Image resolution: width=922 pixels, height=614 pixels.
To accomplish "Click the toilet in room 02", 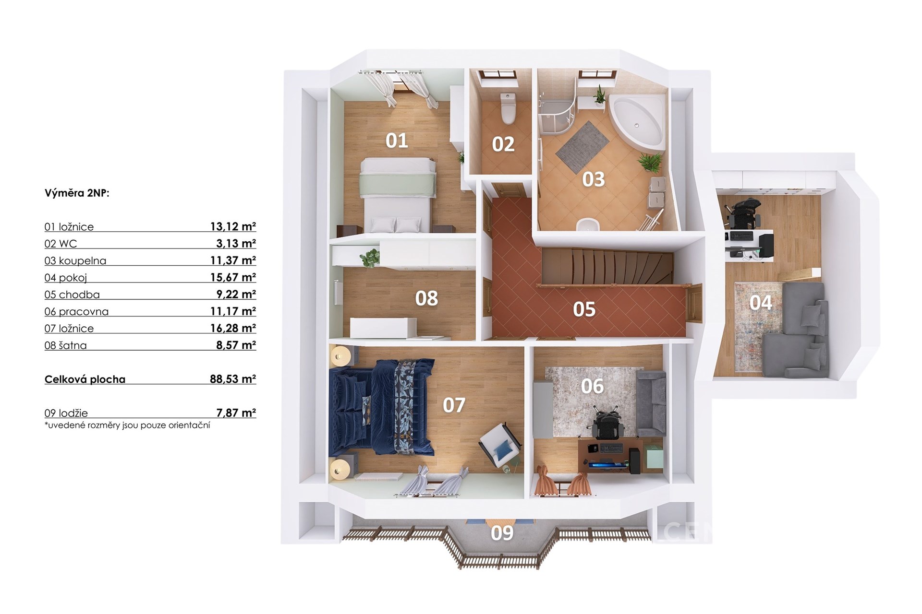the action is [x=508, y=109].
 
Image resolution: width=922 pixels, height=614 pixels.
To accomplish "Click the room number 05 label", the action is [x=584, y=309].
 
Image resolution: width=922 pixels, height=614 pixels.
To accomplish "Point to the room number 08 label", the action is [x=426, y=298].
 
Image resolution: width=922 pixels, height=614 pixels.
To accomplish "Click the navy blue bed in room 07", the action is [x=382, y=407].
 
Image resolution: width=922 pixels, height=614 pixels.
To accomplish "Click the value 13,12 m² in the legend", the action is [x=233, y=226].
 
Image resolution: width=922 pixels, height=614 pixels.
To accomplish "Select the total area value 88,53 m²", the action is [x=233, y=379].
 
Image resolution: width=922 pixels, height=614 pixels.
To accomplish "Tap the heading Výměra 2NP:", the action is [x=77, y=193].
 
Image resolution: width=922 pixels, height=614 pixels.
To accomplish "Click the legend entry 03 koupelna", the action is [x=75, y=261].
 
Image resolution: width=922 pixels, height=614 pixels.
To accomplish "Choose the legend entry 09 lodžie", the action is [x=66, y=413].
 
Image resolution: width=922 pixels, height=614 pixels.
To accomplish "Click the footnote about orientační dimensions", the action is [x=127, y=425].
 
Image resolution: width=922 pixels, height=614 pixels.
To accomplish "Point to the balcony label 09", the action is [x=502, y=533].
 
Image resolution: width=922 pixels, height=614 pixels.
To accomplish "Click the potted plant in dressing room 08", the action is [x=370, y=258].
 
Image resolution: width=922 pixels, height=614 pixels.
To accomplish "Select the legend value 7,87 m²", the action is [x=236, y=413].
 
